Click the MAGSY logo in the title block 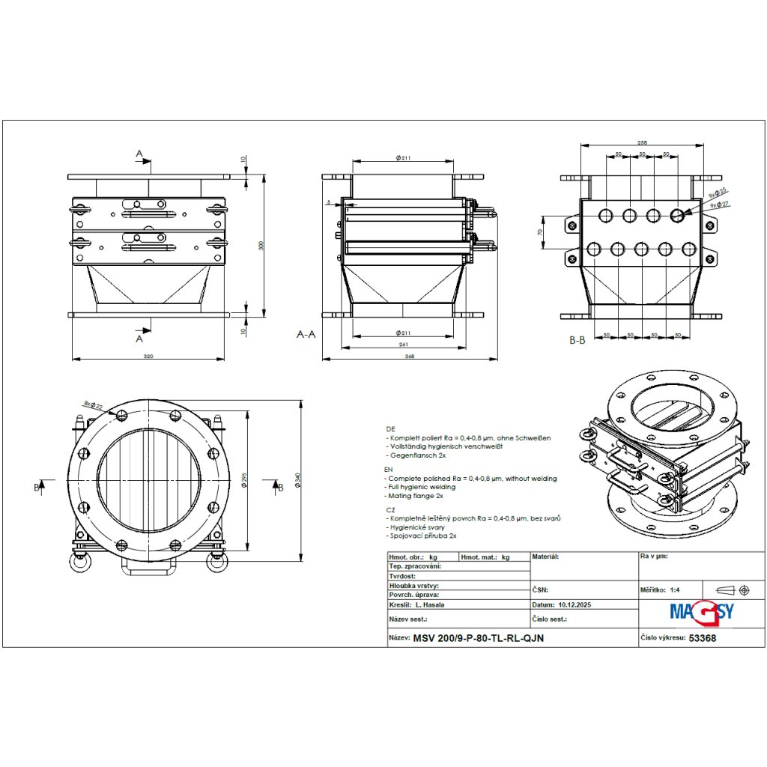[x=701, y=610]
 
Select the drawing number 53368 [x=702, y=639]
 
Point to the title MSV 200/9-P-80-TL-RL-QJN [x=479, y=639]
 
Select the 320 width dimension [x=148, y=356]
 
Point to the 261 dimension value [x=404, y=345]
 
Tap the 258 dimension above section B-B [x=642, y=142]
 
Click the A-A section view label [x=306, y=335]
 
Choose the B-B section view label [x=576, y=340]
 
